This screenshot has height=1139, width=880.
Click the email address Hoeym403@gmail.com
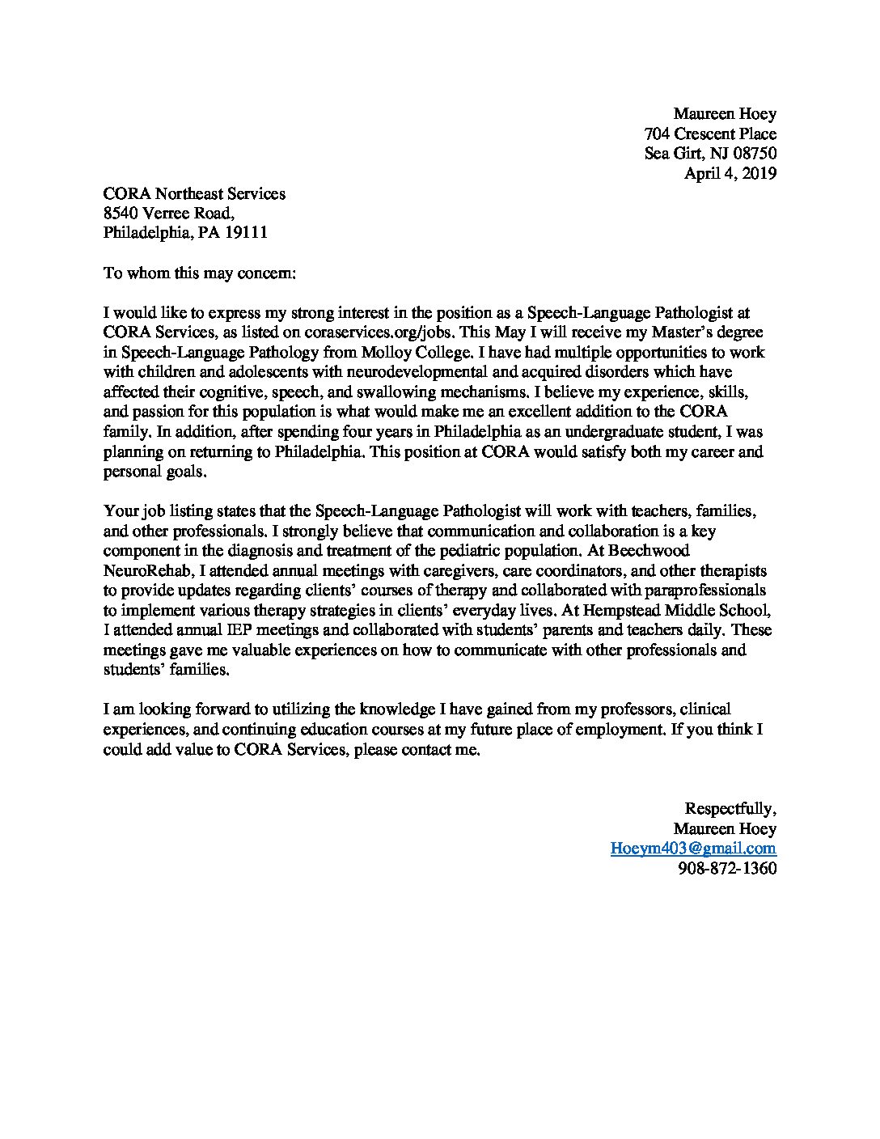pyautogui.click(x=693, y=849)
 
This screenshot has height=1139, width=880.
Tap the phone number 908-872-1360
pyautogui.click(x=726, y=869)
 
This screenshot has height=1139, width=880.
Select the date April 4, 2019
pyautogui.click(x=730, y=173)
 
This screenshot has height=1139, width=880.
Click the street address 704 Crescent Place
pyautogui.click(x=710, y=134)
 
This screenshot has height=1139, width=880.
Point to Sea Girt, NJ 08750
pyautogui.click(x=710, y=154)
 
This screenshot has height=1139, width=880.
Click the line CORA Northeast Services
pyautogui.click(x=194, y=193)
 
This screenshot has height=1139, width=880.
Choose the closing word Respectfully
pyautogui.click(x=730, y=809)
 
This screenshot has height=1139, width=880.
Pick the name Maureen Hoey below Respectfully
pyautogui.click(x=725, y=829)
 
